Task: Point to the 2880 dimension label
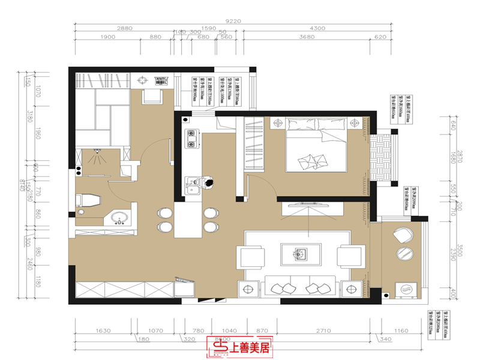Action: (124, 28)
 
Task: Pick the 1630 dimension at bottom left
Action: (104, 331)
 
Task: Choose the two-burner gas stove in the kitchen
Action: (193, 139)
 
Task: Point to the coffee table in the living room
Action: (302, 253)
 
